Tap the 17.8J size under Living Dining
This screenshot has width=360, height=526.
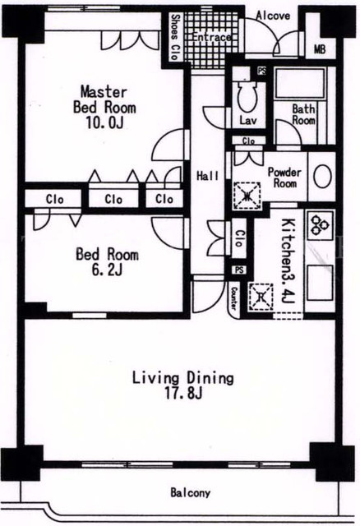[x=183, y=393]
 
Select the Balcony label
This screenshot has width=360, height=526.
[x=190, y=493]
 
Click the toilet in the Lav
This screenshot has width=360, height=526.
[x=247, y=96]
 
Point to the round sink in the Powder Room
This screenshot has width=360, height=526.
[x=322, y=176]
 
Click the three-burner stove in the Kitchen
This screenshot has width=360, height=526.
[x=320, y=224]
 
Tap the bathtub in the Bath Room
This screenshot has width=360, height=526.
[x=300, y=83]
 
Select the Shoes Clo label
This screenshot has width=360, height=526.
[x=174, y=37]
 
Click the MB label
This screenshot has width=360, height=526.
[x=320, y=49]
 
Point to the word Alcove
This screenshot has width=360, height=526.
[x=273, y=16]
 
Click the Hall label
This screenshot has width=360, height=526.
[x=207, y=176]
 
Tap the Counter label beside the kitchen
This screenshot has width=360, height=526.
[x=234, y=298]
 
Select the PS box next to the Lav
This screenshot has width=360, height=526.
[x=261, y=71]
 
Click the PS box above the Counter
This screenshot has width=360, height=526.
[x=239, y=270]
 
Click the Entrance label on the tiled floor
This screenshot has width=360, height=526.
[x=211, y=37]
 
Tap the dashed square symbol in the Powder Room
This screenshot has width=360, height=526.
[x=247, y=196]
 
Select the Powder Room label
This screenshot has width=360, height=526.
[x=284, y=178]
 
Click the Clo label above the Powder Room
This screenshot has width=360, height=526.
[x=248, y=141]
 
